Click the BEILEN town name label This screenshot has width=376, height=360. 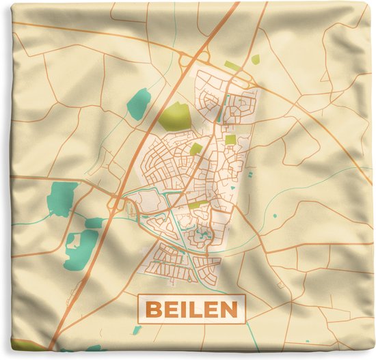192,309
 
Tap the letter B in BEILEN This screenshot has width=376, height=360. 155,310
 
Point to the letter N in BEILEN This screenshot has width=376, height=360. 230,310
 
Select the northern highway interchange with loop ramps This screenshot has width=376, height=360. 189,61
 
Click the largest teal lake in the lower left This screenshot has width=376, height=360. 83,245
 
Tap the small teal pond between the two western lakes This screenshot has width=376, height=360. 94,223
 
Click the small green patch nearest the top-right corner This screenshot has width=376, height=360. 255,59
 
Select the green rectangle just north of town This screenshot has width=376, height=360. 232,66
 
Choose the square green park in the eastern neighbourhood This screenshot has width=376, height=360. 230,139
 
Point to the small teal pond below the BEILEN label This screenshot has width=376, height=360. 137,331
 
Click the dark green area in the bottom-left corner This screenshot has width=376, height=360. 24,345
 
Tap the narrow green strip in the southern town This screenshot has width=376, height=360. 198,204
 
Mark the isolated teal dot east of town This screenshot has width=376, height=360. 275,216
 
